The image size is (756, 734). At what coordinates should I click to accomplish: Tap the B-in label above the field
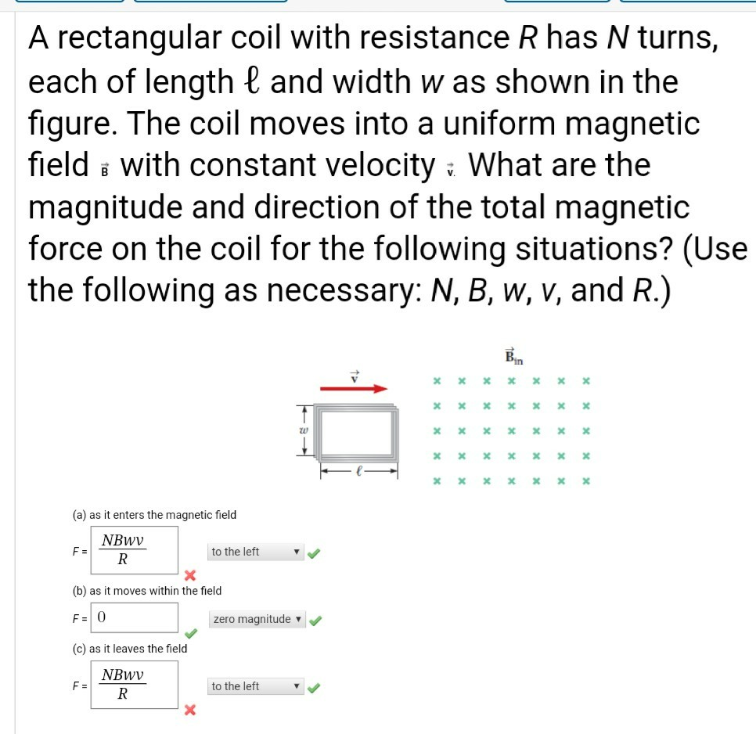pos(513,356)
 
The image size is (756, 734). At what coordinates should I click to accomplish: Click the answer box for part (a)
pos(133,550)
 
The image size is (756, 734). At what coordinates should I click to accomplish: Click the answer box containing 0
pos(135,617)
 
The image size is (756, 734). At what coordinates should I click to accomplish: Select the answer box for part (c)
pos(133,685)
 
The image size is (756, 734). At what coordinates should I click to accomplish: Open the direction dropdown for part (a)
pos(255,552)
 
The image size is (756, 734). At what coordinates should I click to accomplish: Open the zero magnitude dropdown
pos(257,619)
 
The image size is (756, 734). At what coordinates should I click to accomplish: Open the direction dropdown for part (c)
pos(255,686)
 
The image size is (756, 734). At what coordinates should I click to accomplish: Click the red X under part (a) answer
pos(189,577)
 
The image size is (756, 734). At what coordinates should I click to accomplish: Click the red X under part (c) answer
pos(189,711)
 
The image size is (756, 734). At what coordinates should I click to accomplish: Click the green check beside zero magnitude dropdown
pos(315,620)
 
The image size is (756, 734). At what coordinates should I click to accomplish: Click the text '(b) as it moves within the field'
pos(146,591)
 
